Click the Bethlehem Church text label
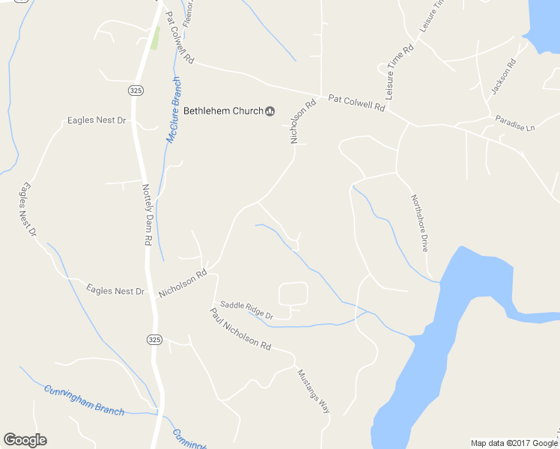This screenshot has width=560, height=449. (x=223, y=111)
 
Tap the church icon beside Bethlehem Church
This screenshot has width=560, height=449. (x=270, y=112)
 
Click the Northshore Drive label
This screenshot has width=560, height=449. (x=419, y=222)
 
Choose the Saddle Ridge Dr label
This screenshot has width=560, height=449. (x=246, y=311)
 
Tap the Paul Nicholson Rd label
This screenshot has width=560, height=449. (x=240, y=329)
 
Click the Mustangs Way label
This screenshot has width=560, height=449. (x=314, y=391)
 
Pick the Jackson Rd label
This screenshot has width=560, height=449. (x=504, y=77)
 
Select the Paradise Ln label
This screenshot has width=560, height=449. (x=515, y=123)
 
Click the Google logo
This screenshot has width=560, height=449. (x=25, y=440)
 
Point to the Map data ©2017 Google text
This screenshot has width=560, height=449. (x=514, y=443)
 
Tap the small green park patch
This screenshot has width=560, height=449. (x=155, y=38)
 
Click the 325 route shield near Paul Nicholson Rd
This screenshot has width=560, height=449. (x=153, y=339)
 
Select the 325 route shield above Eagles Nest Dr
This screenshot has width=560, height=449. (x=136, y=90)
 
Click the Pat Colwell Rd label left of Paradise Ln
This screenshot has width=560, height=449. (x=356, y=103)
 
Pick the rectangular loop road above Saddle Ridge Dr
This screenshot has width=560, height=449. (x=293, y=293)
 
